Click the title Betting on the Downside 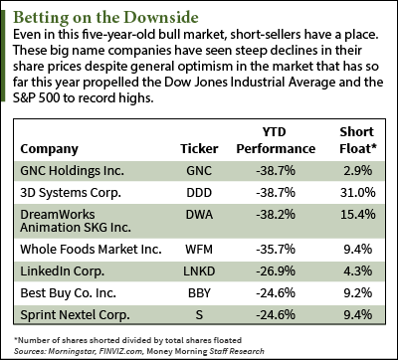(106, 18)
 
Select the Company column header (49, 149)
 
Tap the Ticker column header (199, 149)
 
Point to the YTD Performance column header (276, 140)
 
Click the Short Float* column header (358, 140)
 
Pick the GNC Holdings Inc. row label (72, 171)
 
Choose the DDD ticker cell (199, 193)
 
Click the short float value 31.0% (358, 193)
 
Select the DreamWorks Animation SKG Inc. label (76, 221)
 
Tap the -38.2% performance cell (276, 215)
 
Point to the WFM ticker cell (199, 250)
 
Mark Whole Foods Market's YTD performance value (276, 250)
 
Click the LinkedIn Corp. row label (63, 271)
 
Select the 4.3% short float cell (358, 271)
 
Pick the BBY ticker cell (199, 293)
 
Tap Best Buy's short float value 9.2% (358, 293)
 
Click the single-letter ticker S (199, 315)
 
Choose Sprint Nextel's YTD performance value (276, 315)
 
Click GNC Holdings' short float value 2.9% (358, 171)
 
